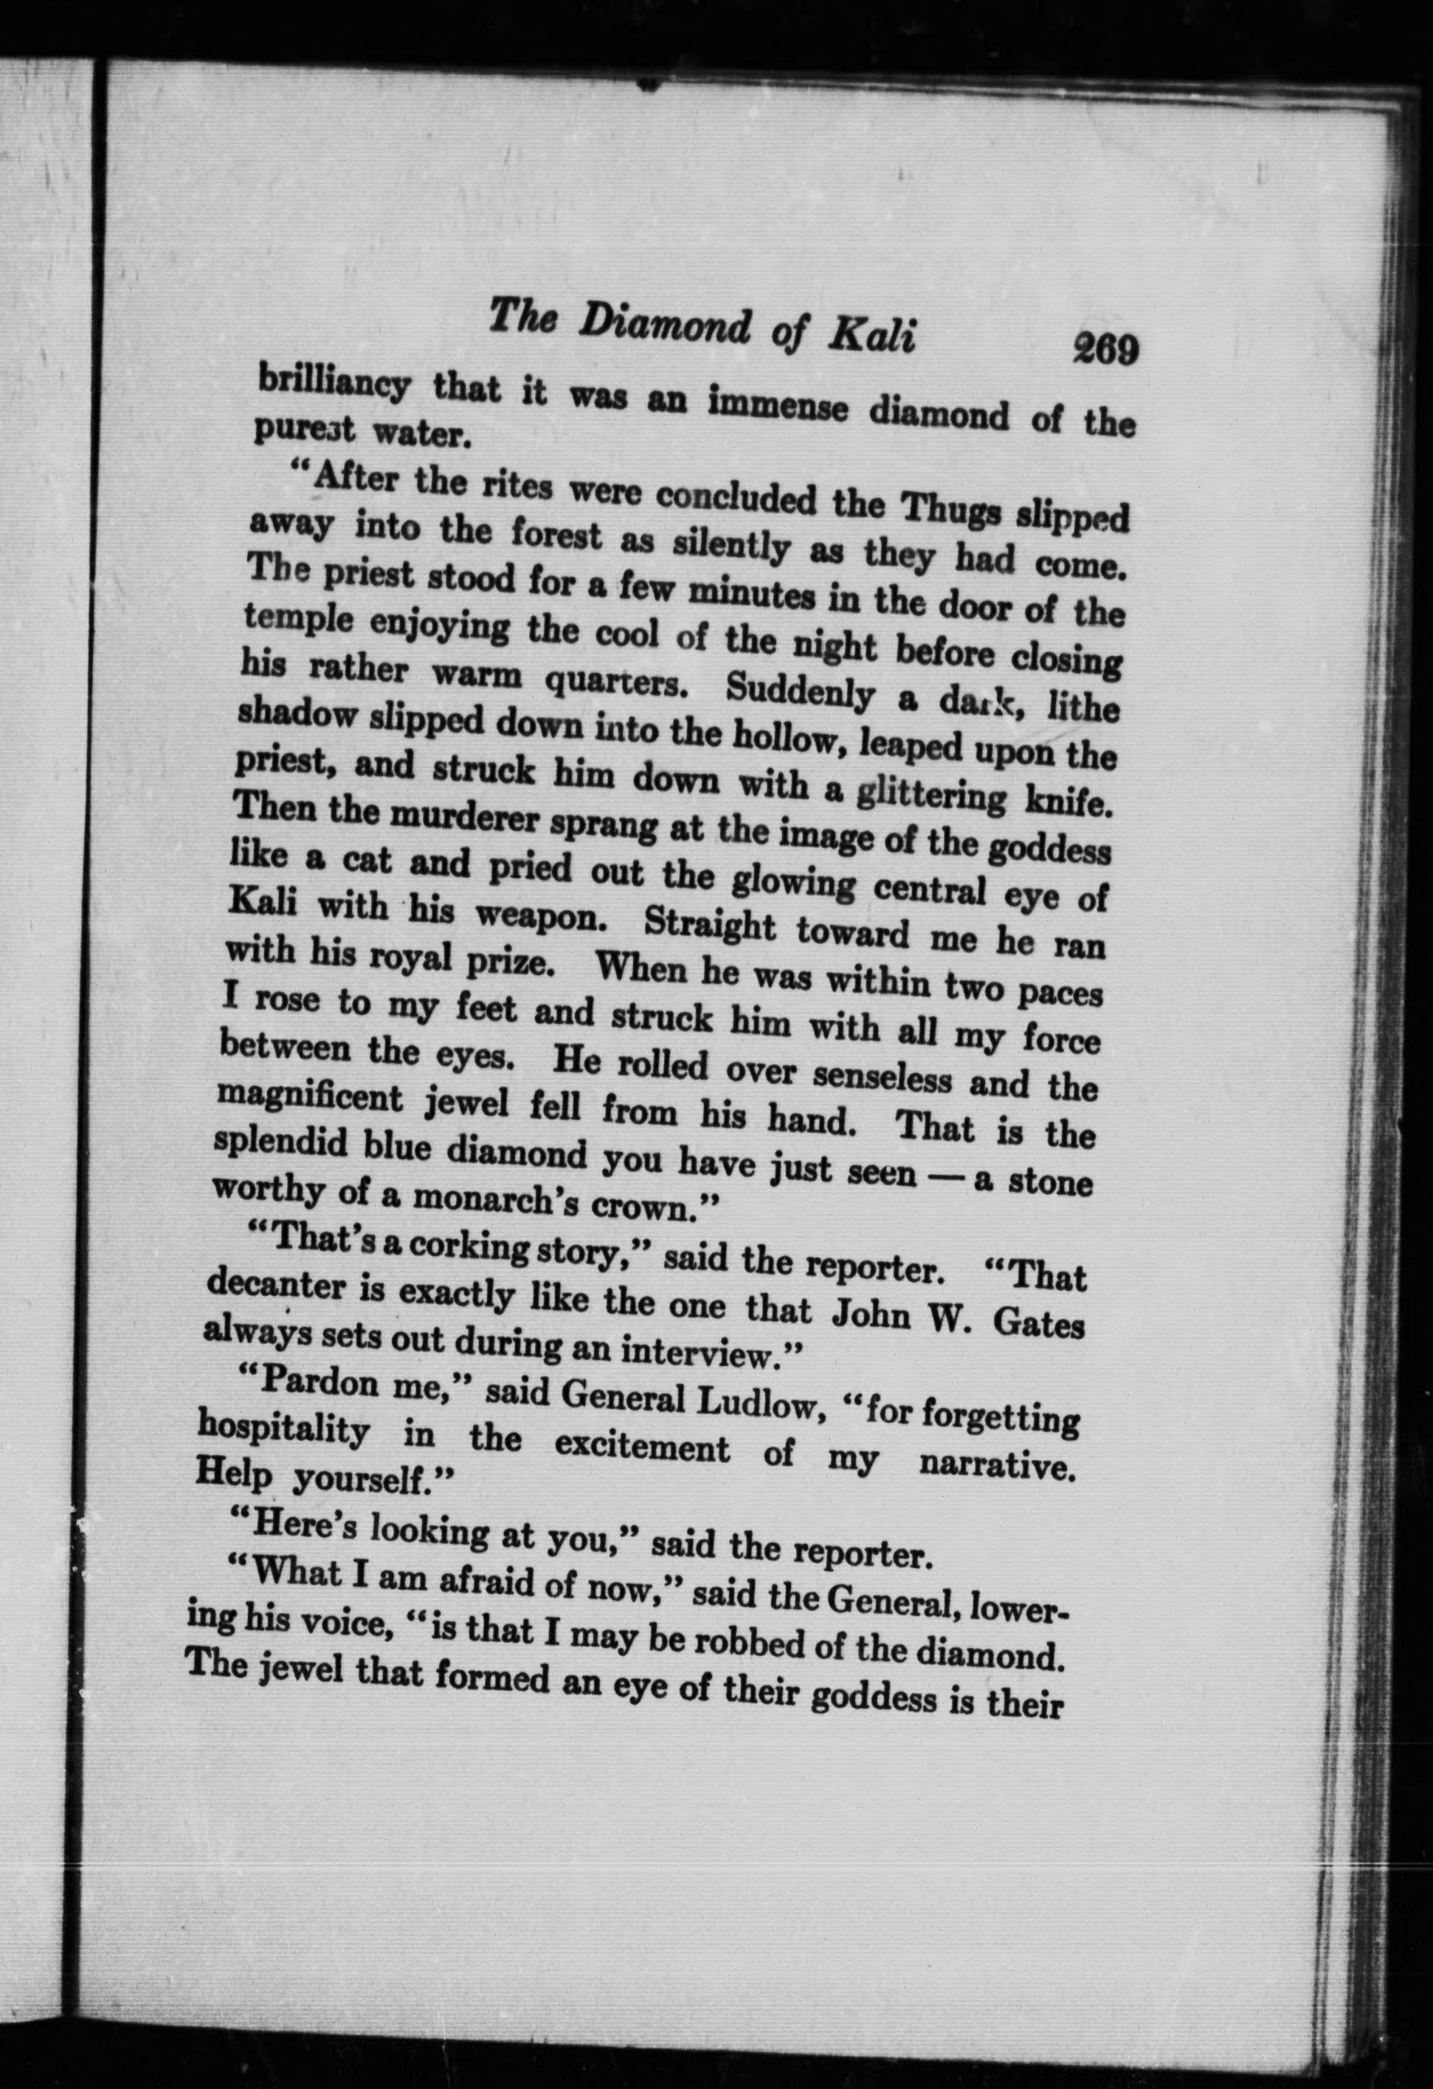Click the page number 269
tap(1105, 348)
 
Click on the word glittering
tap(930, 794)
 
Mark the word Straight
tap(710, 926)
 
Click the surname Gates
tap(1038, 1323)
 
